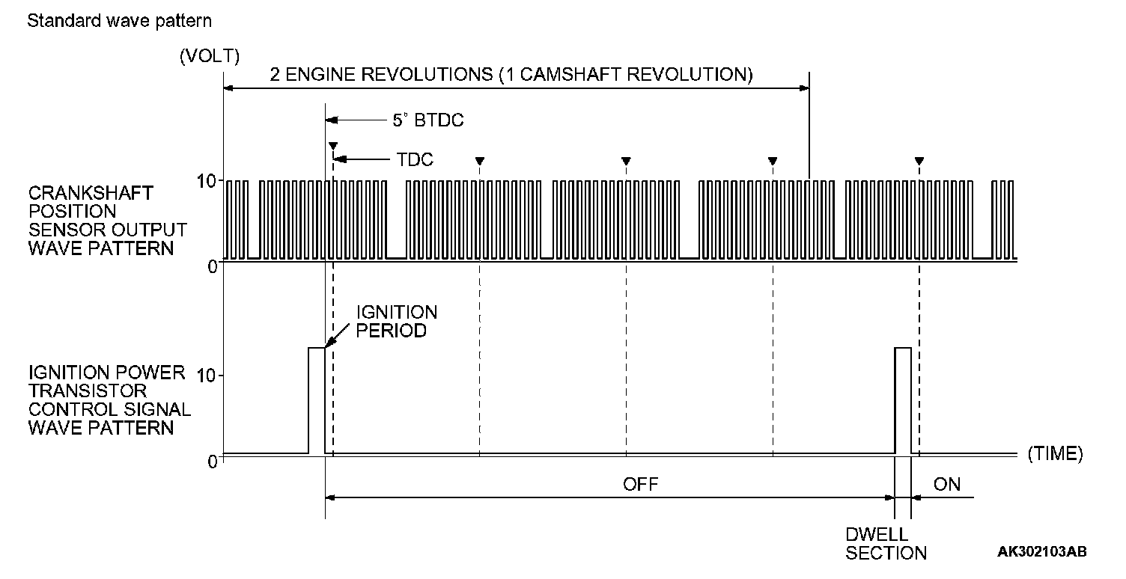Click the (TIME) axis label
[x=1056, y=453]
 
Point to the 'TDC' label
[x=415, y=159]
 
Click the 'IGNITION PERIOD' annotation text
[x=396, y=321]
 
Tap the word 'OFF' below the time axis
[x=642, y=484]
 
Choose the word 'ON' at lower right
[x=947, y=484]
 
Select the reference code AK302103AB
[x=1042, y=551]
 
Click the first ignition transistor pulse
[x=317, y=400]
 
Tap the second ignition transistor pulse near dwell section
[x=903, y=400]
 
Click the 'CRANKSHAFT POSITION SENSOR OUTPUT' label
[x=106, y=221]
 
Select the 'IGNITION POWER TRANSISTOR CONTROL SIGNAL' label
[x=110, y=400]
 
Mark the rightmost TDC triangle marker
[x=919, y=160]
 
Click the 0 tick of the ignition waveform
[x=213, y=461]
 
